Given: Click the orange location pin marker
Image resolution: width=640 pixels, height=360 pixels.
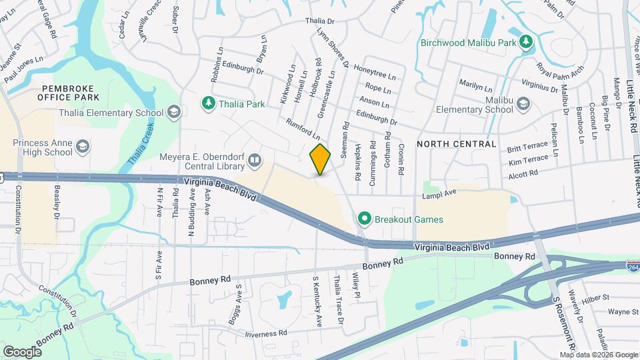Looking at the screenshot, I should pyautogui.click(x=320, y=159).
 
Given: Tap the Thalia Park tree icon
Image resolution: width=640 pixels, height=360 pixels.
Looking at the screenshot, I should pyautogui.click(x=207, y=103).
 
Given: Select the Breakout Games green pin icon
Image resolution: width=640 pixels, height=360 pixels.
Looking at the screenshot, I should pyautogui.click(x=364, y=219).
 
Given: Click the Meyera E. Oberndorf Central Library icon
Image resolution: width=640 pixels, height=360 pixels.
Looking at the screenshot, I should pyautogui.click(x=254, y=159).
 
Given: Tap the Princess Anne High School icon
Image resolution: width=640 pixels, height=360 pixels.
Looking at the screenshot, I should pyautogui.click(x=83, y=147).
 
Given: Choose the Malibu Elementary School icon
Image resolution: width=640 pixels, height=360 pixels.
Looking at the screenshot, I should pyautogui.click(x=523, y=103).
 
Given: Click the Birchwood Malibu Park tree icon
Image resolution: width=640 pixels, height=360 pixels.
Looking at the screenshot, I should pyautogui.click(x=527, y=43).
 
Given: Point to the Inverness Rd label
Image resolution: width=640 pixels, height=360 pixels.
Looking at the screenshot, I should pyautogui.click(x=265, y=333).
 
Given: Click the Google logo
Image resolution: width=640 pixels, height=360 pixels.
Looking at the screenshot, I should pyautogui.click(x=22, y=351).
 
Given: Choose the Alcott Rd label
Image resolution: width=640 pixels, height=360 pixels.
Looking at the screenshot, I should pyautogui.click(x=523, y=174).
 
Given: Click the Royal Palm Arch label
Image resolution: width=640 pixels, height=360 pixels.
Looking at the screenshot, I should pyautogui.click(x=560, y=69).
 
